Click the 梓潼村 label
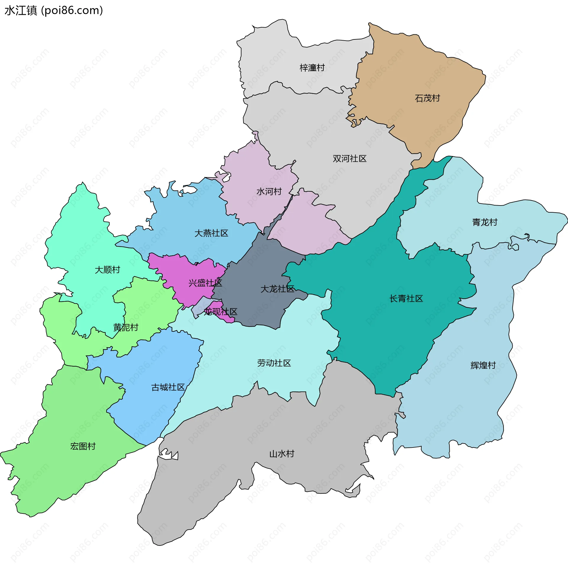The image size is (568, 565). (312, 68)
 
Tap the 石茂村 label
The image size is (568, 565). (427, 98)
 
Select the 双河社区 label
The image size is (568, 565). (350, 159)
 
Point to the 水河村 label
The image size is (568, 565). (269, 192)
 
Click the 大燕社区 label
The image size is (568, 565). (211, 233)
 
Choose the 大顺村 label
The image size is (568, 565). (107, 270)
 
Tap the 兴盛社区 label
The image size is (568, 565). (205, 283)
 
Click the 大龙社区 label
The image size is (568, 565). (277, 289)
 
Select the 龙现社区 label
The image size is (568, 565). (221, 312)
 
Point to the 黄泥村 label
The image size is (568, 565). (126, 327)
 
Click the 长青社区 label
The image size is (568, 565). (406, 298)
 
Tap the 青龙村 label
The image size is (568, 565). (485, 222)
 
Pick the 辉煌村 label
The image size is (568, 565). (483, 365)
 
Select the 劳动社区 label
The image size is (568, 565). (274, 363)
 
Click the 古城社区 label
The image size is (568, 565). (168, 387)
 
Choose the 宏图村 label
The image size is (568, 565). (83, 446)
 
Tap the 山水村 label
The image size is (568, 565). (282, 454)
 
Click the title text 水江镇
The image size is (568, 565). (21, 11)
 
